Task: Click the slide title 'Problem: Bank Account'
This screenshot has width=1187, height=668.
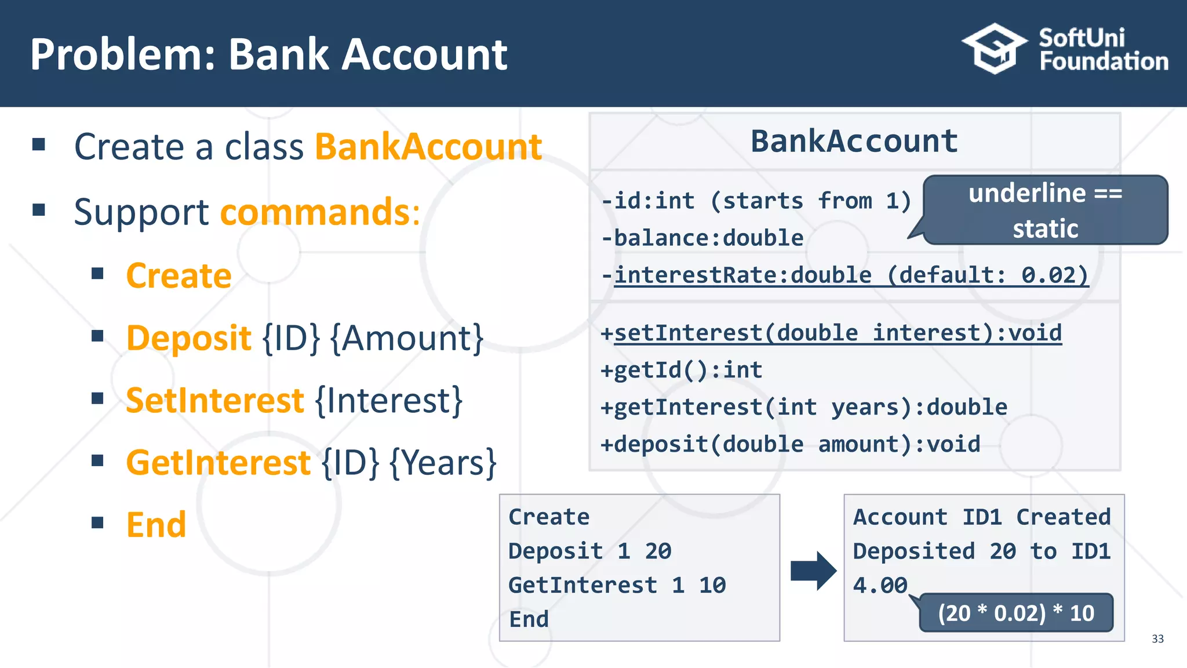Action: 268,55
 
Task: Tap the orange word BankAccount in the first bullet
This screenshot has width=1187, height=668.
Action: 428,147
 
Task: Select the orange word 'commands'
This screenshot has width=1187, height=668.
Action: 315,212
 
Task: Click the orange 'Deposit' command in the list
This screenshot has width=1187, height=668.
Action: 188,338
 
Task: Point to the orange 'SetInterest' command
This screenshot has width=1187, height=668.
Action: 214,401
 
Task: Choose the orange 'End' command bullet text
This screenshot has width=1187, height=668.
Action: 156,525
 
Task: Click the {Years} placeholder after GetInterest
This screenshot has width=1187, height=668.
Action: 443,463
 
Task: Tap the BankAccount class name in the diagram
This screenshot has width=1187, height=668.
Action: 854,141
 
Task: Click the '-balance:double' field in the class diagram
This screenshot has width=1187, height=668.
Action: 702,238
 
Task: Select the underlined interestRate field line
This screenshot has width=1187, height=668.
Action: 845,275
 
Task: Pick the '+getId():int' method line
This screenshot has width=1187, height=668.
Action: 682,370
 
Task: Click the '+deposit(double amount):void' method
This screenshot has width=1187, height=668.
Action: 791,445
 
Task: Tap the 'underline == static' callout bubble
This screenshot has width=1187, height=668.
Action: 1045,210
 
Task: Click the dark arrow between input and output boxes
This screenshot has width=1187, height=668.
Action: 813,571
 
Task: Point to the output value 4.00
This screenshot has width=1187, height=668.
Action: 880,586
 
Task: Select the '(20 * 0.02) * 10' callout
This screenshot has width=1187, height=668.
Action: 1016,613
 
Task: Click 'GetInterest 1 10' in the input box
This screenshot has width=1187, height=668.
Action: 617,586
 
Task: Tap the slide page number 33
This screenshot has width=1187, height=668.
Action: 1157,639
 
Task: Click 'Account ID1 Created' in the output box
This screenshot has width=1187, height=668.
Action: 982,517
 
